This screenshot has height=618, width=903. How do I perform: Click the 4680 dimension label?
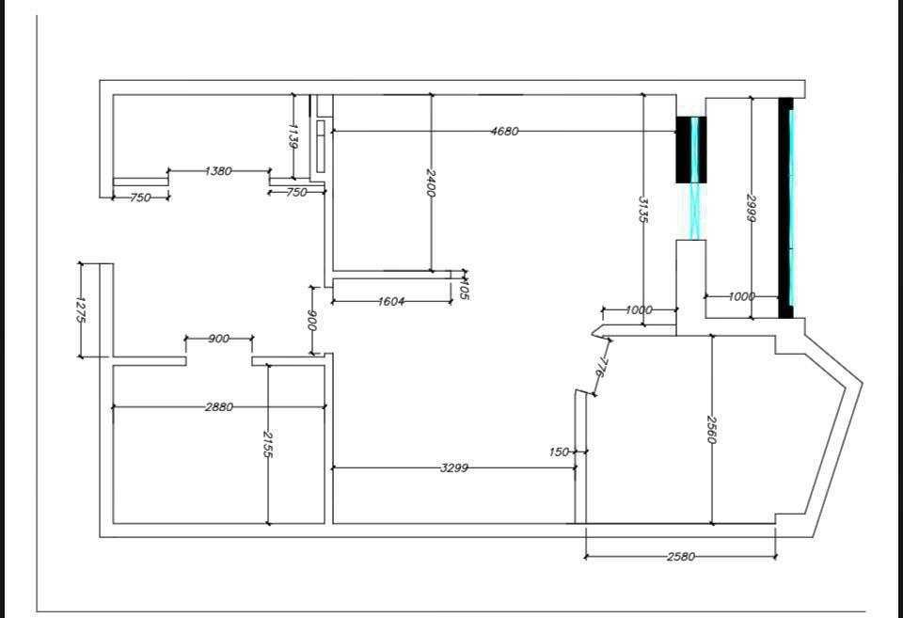[x=504, y=132]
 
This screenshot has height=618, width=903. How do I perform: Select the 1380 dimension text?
[x=218, y=171]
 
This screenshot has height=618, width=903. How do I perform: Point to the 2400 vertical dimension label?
[x=431, y=182]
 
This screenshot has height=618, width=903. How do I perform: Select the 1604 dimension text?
[x=391, y=302]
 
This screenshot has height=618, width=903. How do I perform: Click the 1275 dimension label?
[x=81, y=309]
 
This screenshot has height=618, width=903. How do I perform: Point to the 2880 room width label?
[x=219, y=407]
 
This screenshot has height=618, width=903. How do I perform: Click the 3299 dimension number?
[x=455, y=467]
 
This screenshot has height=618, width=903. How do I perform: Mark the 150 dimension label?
[x=559, y=452]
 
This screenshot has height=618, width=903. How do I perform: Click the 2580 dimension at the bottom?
[x=680, y=557]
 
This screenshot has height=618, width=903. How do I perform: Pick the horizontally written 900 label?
[x=218, y=339]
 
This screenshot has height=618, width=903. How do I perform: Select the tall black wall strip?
[x=784, y=207]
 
